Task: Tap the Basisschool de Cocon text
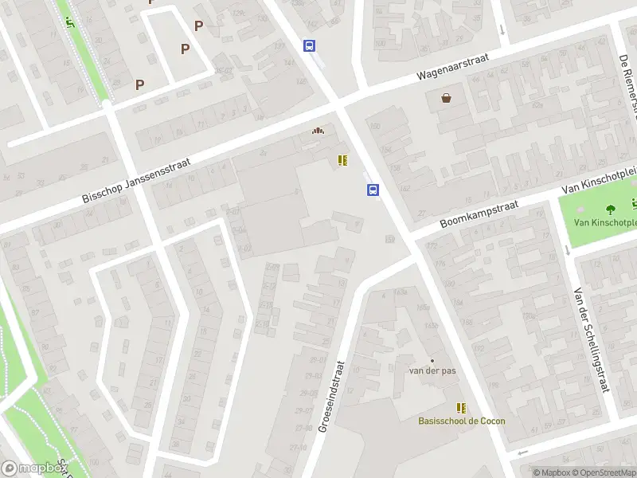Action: point(461,421)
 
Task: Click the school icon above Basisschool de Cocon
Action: point(460,407)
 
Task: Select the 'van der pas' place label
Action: point(432,371)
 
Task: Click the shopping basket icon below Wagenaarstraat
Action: point(447,98)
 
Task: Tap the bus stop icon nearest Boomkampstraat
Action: point(373,190)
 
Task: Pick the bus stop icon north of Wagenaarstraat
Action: point(309,46)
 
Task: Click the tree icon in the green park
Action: point(611,210)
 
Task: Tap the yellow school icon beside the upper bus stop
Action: point(342,160)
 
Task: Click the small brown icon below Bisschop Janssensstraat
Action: point(318,131)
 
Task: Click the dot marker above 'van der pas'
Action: point(432,360)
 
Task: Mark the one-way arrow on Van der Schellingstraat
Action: point(566,249)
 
